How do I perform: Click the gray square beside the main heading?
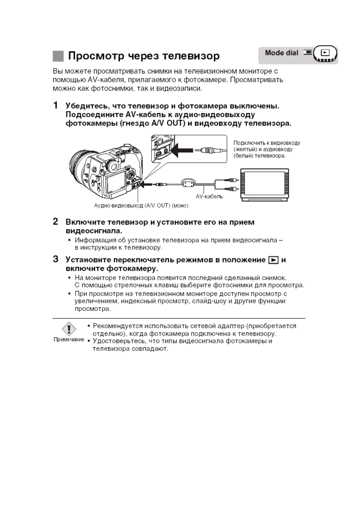pyautogui.click(x=58, y=56)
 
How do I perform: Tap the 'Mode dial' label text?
pyautogui.click(x=281, y=53)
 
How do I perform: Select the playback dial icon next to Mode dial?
pyautogui.click(x=325, y=53)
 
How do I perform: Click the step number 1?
pyautogui.click(x=56, y=105)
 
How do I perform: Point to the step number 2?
pyautogui.click(x=56, y=222)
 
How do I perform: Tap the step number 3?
pyautogui.click(x=56, y=259)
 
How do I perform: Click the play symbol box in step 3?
pyautogui.click(x=273, y=260)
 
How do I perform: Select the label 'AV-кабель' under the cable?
pyautogui.click(x=209, y=196)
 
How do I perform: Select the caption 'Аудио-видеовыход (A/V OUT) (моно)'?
pyautogui.click(x=141, y=206)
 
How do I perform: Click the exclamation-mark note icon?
pyautogui.click(x=69, y=329)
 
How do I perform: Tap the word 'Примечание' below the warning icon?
pyautogui.click(x=69, y=339)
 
